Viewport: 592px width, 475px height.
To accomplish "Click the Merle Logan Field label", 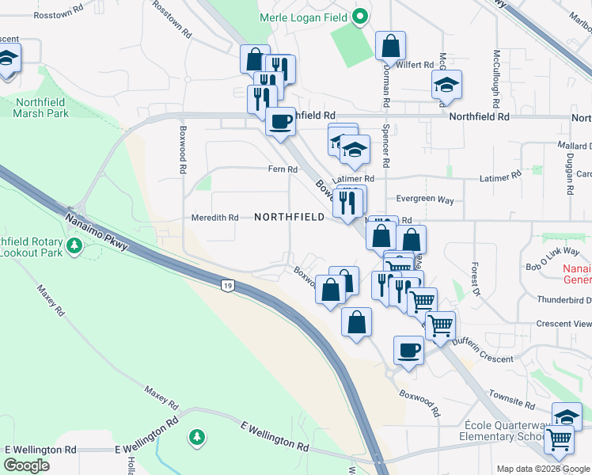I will tap(304, 17).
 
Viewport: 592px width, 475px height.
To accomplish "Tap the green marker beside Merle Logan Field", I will tap(360, 16).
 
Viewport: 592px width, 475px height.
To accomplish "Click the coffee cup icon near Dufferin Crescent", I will tap(408, 350).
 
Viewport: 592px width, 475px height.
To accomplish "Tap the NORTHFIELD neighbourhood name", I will tap(289, 217).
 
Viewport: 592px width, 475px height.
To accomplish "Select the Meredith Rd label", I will tap(214, 218).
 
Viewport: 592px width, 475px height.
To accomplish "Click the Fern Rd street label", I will tap(283, 169).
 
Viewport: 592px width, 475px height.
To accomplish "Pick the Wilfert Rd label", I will tap(416, 65).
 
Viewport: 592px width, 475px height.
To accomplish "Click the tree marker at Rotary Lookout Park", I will tap(74, 245).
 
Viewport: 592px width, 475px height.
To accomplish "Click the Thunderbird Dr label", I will tap(564, 300).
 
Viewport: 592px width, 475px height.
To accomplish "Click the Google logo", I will tap(27, 465).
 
